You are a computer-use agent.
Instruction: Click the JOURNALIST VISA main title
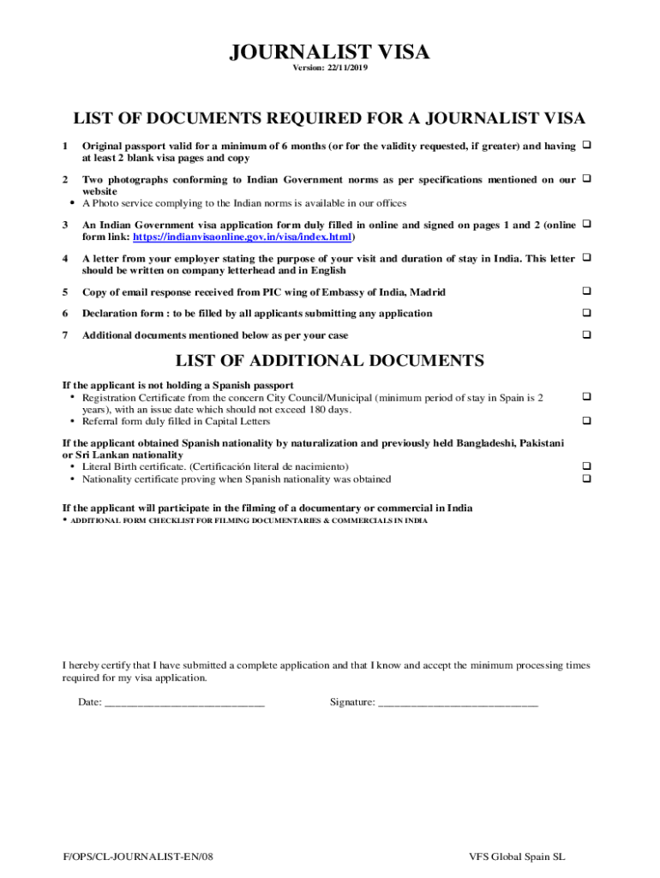329,53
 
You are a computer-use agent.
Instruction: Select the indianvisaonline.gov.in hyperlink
243,237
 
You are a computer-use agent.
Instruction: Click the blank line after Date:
183,702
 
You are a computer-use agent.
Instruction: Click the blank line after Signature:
458,702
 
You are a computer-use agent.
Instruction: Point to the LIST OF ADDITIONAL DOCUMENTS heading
329,360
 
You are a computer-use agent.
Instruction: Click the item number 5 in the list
65,292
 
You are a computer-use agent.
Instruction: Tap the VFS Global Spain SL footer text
517,857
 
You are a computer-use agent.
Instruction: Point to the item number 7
65,335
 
